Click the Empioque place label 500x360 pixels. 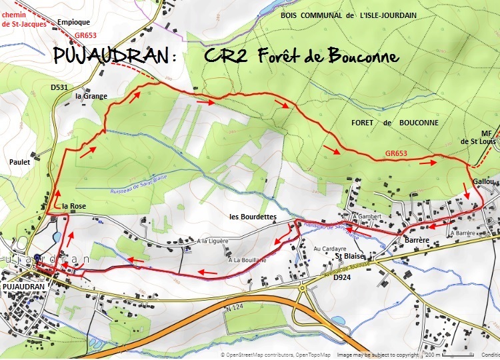click(x=73, y=21)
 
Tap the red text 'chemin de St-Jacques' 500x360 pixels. click(x=23, y=18)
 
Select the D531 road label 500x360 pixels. click(x=59, y=87)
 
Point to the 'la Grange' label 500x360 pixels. click(x=91, y=96)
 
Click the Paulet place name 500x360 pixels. click(x=21, y=161)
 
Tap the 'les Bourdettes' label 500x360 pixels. click(x=253, y=217)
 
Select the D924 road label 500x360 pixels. click(x=342, y=277)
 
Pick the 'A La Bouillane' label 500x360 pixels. click(x=247, y=260)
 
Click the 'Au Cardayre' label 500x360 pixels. click(x=314, y=249)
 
